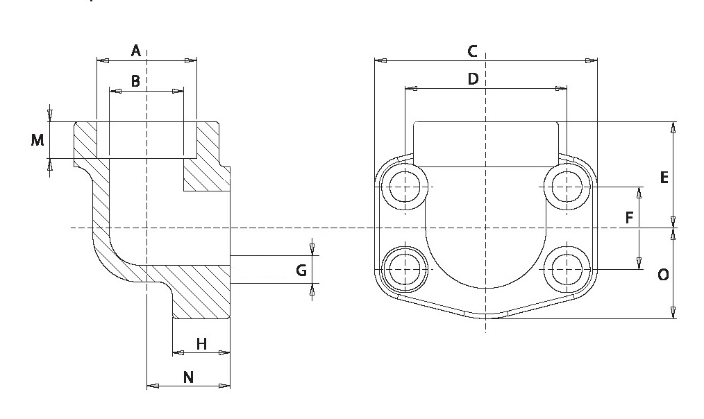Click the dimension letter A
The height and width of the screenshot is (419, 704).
pyautogui.click(x=136, y=50)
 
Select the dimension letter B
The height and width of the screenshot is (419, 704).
pyautogui.click(x=136, y=81)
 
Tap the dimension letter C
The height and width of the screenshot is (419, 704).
pyautogui.click(x=472, y=51)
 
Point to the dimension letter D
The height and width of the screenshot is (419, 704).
pyautogui.click(x=473, y=79)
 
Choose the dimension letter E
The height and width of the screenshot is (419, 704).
pyautogui.click(x=664, y=178)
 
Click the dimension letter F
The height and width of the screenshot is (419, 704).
pyautogui.click(x=629, y=218)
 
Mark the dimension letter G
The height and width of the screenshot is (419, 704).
pyautogui.click(x=301, y=270)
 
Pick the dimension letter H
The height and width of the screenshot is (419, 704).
pyautogui.click(x=201, y=343)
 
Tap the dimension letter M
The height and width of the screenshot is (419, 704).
pyautogui.click(x=37, y=140)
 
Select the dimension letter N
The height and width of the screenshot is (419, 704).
pyautogui.click(x=188, y=377)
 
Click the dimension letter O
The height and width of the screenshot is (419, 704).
pyautogui.click(x=663, y=275)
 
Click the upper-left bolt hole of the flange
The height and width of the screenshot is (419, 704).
pyautogui.click(x=404, y=187)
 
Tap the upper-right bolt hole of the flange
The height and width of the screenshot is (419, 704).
pyautogui.click(x=567, y=187)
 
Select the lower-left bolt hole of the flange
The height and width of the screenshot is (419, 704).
pyautogui.click(x=404, y=268)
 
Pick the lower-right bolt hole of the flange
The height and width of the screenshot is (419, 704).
pyautogui.click(x=567, y=268)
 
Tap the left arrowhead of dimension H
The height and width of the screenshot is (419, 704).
pyautogui.click(x=177, y=353)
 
